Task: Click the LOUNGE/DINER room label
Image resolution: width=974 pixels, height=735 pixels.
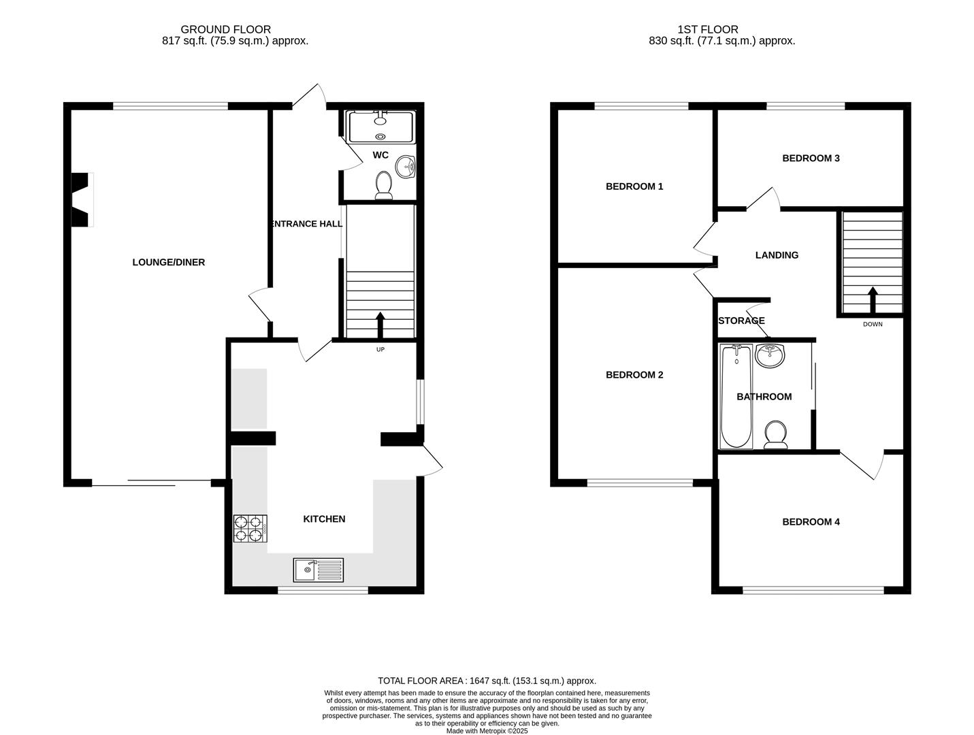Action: coord(168,262)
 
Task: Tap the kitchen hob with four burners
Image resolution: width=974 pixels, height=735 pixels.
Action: coord(250,529)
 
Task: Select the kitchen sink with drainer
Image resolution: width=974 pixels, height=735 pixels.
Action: coord(319,570)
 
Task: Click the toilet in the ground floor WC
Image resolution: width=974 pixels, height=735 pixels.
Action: coord(384,186)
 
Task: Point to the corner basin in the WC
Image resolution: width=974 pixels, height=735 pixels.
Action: coord(408,165)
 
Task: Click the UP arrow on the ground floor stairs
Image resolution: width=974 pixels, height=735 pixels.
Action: coord(380,325)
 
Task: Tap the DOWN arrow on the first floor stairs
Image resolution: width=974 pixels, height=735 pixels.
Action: coord(872,299)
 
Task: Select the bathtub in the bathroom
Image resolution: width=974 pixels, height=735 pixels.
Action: coord(736,396)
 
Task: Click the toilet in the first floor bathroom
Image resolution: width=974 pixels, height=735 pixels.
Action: coord(775,436)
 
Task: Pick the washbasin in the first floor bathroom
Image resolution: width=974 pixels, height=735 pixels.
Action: coord(770,355)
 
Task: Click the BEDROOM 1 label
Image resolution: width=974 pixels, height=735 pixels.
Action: coord(634,186)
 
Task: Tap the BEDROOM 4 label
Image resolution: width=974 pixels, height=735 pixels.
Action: coord(811,522)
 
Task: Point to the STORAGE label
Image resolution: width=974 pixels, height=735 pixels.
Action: coord(741,321)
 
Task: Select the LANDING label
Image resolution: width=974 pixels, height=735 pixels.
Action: coord(777,255)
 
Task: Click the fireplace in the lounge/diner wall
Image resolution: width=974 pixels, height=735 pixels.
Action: coord(80,199)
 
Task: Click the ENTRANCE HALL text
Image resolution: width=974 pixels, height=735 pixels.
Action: coord(306,224)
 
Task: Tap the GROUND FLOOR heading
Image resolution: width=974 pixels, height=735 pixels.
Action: coord(225,29)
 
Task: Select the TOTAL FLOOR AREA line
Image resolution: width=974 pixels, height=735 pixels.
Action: coord(487,681)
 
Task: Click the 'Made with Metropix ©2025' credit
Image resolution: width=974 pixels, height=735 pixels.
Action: coord(487,731)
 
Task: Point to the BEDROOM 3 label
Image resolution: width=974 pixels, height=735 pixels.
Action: coord(811,159)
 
